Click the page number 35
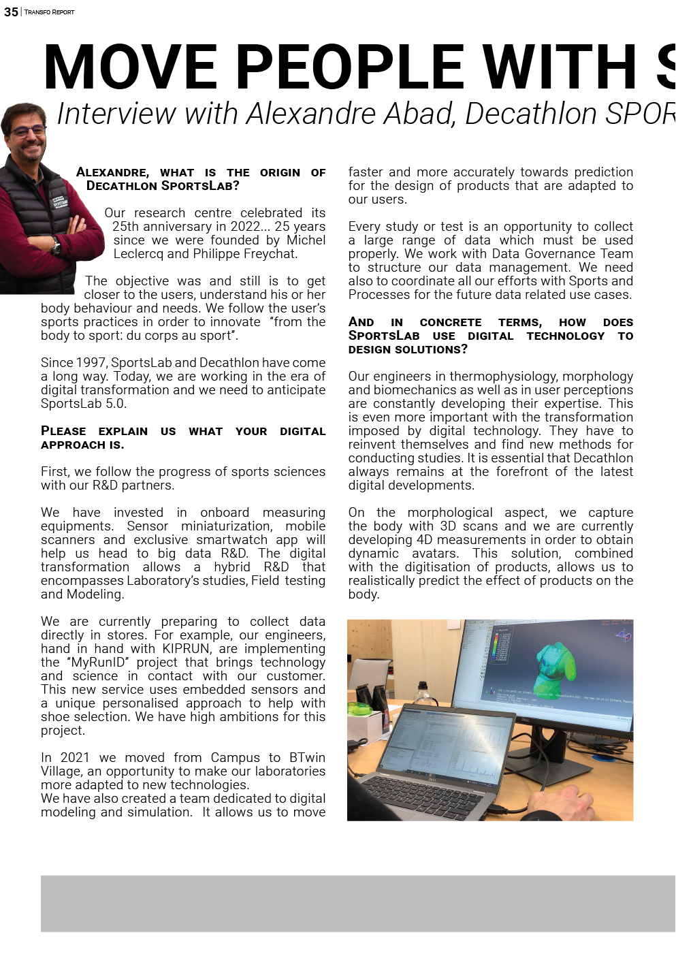[x=11, y=12]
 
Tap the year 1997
[x=90, y=363]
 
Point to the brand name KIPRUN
[x=187, y=649]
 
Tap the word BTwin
[x=307, y=758]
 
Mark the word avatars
[x=434, y=554]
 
